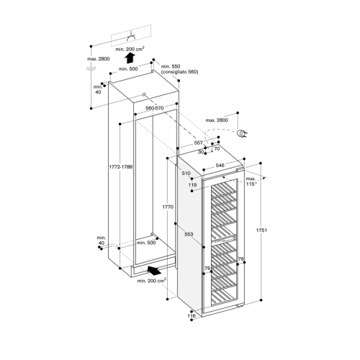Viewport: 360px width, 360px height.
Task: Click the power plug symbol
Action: (242, 133)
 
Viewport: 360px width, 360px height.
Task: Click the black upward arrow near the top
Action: (130, 58)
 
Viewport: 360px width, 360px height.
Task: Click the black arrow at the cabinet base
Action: (154, 270)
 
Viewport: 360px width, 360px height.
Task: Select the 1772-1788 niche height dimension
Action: (120, 166)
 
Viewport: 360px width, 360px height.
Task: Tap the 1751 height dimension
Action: (261, 230)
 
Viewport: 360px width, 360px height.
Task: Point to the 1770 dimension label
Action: (168, 207)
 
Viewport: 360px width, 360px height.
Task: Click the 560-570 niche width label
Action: (155, 108)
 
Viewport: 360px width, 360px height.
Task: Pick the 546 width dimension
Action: (220, 166)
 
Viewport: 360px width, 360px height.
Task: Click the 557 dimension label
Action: (199, 143)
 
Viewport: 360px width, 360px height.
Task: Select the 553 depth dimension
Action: (189, 234)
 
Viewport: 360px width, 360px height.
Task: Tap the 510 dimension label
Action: (186, 173)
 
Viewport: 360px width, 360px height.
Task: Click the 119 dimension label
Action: (192, 185)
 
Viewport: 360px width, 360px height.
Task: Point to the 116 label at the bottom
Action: (192, 316)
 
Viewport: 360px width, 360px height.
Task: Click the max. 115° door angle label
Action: (251, 181)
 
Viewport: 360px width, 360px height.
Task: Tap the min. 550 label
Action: (171, 66)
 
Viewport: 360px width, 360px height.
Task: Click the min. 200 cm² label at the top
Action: (130, 49)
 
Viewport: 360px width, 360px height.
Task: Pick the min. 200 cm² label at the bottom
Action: (152, 281)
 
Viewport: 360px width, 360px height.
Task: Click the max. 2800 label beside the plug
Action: (217, 120)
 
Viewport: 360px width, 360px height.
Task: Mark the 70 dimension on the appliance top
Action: (217, 149)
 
